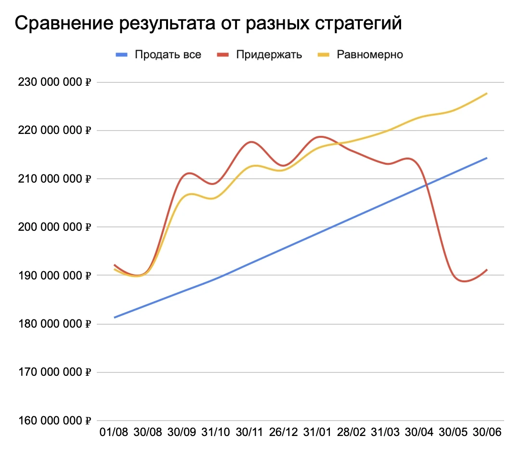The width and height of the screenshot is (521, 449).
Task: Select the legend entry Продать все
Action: pos(168,54)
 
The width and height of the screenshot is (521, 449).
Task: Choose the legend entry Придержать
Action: pos(269,54)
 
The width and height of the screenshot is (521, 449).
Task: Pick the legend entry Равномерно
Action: pos(370,54)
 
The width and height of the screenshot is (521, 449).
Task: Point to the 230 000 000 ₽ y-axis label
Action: pos(54,82)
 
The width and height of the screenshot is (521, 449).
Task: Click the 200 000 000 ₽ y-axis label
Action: pos(54,227)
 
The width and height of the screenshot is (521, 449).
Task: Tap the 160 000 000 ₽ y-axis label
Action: pos(54,421)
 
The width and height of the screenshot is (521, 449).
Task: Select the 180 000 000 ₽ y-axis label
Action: pos(54,324)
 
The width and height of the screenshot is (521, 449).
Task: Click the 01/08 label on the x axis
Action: pos(114,432)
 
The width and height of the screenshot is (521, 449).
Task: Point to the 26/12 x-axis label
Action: pos(284,432)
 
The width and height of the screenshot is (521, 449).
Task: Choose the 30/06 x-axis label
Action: pos(487,432)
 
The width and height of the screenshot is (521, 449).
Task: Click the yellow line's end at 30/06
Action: pos(487,93)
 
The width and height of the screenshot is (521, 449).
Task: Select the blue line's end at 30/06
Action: pos(487,158)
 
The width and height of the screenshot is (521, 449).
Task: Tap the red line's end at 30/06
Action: pos(487,270)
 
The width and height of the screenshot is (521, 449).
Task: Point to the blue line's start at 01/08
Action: pos(115,317)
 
